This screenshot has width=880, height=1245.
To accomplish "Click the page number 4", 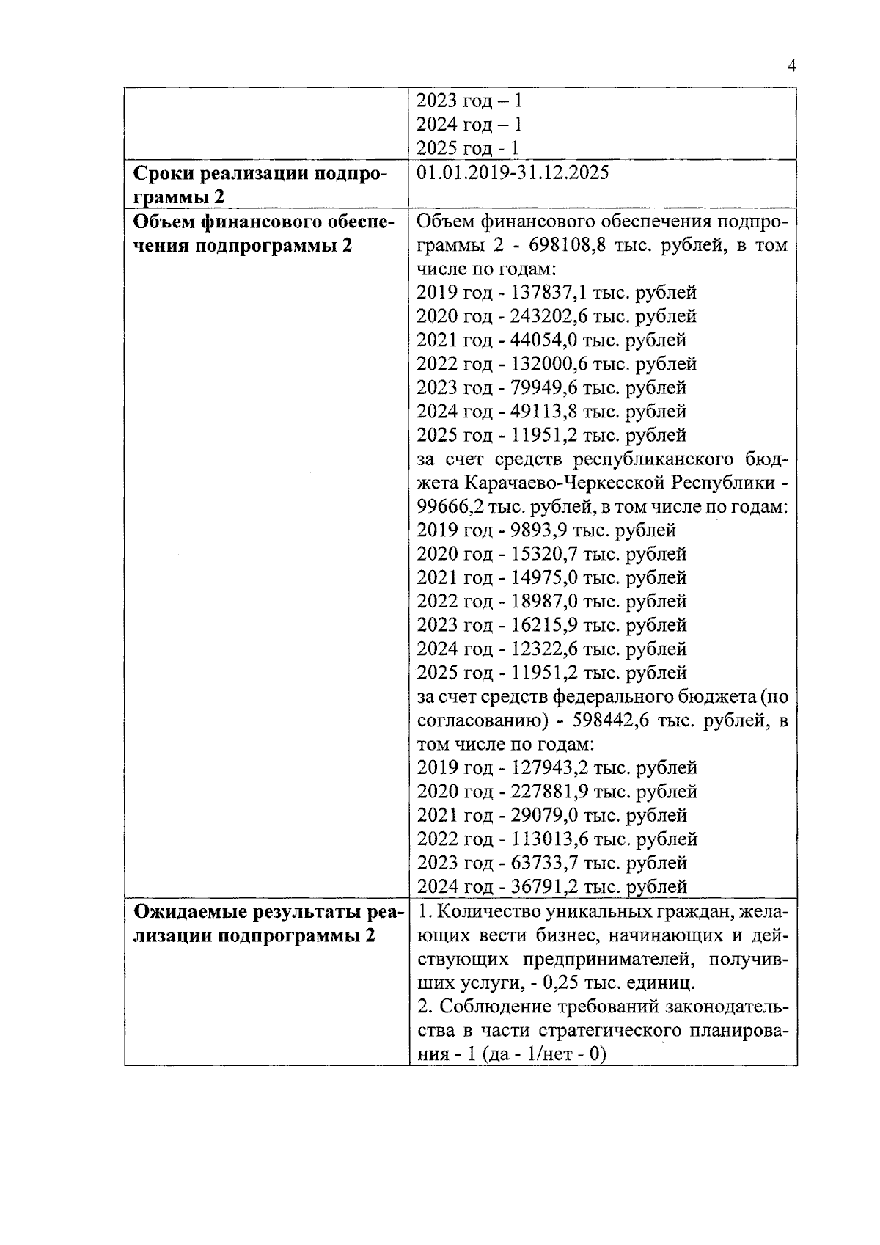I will click(791, 66).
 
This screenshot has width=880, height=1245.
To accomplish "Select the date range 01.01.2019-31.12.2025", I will click(512, 173).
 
